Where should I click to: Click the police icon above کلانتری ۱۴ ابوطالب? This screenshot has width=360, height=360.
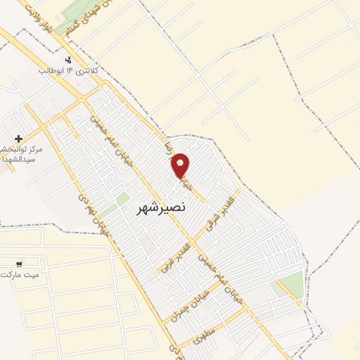tap(68, 60)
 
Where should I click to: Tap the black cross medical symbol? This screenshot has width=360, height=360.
tap(18, 139)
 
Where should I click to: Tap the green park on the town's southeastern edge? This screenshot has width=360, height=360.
tap(290, 285)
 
